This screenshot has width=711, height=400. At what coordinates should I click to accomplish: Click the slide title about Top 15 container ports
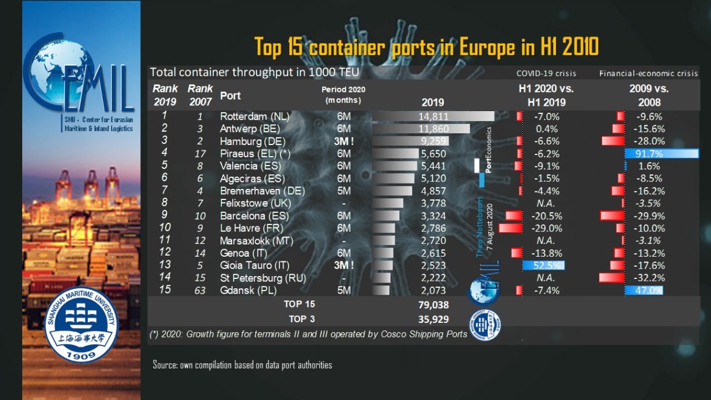coord(426,47)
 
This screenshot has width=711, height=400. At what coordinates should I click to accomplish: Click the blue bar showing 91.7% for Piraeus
coord(661,154)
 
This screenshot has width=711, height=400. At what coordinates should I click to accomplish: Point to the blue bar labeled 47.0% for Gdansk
coord(644,290)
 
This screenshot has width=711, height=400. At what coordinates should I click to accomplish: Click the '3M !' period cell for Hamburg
coord(344,141)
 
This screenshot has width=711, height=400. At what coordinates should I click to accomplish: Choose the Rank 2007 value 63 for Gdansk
coord(200,290)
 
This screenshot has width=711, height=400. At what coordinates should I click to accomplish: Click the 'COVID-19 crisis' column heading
coord(546,74)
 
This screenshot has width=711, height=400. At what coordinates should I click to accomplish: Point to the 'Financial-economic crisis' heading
coord(648,74)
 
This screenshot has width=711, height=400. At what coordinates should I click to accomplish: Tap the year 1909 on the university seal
coord(81,355)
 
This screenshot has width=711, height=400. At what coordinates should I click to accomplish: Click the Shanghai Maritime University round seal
coord(81,325)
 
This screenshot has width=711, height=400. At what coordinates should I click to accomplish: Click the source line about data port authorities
coord(242,365)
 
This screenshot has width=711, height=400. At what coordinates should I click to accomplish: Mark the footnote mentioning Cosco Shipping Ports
coord(308,335)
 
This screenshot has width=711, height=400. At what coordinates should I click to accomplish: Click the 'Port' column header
coord(230,95)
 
